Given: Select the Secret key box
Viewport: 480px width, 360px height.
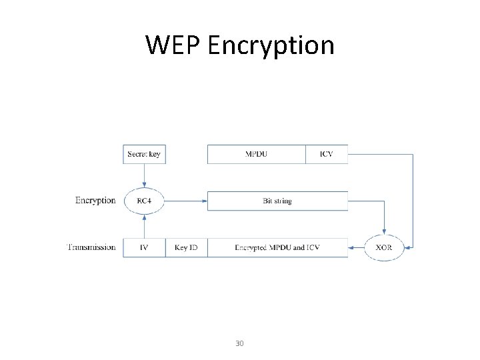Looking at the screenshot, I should pyautogui.click(x=144, y=154).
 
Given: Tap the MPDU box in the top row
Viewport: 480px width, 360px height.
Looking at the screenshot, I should pyautogui.click(x=257, y=154).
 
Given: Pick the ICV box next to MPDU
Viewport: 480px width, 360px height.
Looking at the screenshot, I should pyautogui.click(x=326, y=154).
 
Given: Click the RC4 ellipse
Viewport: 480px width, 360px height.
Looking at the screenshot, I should pyautogui.click(x=144, y=201).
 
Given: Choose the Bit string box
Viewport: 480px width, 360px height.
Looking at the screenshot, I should pyautogui.click(x=277, y=201).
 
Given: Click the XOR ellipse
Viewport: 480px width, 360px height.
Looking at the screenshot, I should pyautogui.click(x=384, y=247).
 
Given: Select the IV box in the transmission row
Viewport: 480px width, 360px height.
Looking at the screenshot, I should pyautogui.click(x=144, y=247).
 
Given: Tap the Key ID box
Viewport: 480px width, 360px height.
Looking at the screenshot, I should pyautogui.click(x=186, y=247).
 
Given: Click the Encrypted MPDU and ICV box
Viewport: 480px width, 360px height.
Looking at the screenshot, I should pyautogui.click(x=277, y=247).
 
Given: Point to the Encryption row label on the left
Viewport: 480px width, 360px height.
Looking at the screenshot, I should pyautogui.click(x=95, y=200).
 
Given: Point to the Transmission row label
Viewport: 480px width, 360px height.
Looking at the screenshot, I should pyautogui.click(x=91, y=247).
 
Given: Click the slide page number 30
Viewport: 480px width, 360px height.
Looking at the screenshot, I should pyautogui.click(x=239, y=343).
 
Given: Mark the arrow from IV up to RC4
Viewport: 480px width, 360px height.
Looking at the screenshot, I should pyautogui.click(x=144, y=225).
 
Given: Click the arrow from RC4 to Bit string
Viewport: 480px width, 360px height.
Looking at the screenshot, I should pyautogui.click(x=185, y=201).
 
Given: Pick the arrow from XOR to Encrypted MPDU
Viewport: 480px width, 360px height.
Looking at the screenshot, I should pyautogui.click(x=356, y=247).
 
